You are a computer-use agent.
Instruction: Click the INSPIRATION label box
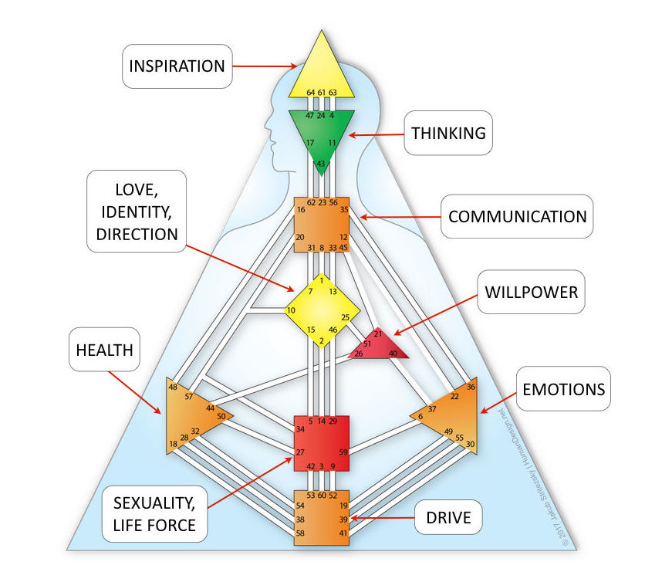coord(177,65)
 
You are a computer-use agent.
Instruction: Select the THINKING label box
coord(448,133)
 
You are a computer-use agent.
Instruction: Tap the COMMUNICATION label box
coord(517,215)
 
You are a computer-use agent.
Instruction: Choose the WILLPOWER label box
coord(531,293)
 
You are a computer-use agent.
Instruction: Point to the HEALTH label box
coord(105,350)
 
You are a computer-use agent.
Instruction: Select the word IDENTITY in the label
coord(133,211)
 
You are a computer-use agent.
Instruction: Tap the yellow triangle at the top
coord(321,69)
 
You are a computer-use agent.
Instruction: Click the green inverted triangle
coord(321,131)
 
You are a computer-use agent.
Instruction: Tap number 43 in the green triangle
coord(321,164)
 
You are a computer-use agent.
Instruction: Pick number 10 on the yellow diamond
coord(291,310)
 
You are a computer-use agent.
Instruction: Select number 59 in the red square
coord(343,452)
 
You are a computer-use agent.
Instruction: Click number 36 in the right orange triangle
coord(471,385)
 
